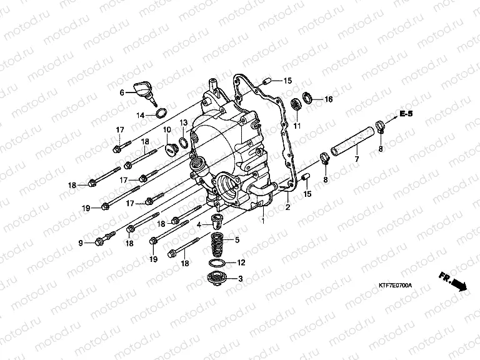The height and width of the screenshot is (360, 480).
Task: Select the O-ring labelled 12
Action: (217, 262)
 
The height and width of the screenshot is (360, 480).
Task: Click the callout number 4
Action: (199, 224)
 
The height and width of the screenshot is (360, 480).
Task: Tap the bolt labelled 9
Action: (104, 240)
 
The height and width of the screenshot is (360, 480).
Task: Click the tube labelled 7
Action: (353, 143)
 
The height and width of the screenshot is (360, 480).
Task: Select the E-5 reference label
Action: (424, 114)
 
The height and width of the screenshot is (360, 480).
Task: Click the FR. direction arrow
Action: (452, 281)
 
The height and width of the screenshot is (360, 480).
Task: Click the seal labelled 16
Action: (308, 97)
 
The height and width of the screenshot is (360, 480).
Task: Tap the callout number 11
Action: (297, 126)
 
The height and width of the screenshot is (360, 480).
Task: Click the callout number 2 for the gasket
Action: (288, 207)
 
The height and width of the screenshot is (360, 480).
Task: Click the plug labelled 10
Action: (169, 150)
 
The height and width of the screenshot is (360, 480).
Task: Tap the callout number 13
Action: (183, 122)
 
